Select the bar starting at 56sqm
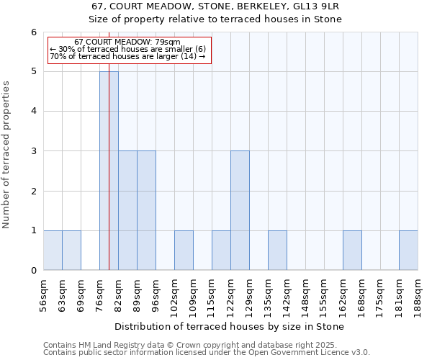[53, 251]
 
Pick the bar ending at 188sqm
[408, 251]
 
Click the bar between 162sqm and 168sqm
[352, 251]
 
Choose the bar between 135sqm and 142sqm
[277, 251]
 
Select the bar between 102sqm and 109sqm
[184, 251]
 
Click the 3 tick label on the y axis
[33, 151]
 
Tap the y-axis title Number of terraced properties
[7, 155]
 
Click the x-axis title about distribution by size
[230, 326]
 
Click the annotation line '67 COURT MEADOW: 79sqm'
[127, 42]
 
